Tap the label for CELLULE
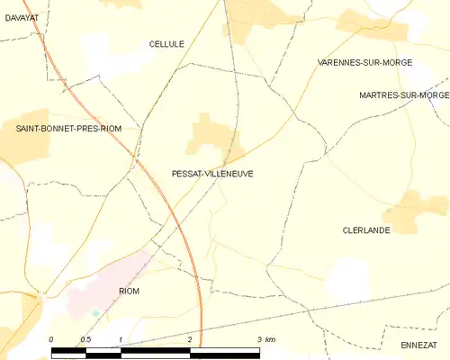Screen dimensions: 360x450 click(166, 43)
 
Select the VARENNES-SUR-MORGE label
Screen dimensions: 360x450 click(357, 63)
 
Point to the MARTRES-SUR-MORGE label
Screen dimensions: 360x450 click(403, 94)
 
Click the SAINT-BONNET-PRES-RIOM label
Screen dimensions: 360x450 click(68, 129)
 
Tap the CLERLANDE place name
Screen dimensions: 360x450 click(364, 230)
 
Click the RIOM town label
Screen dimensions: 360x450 click(130, 292)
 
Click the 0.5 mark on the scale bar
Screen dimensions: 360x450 click(85, 338)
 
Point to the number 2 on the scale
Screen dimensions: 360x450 click(191, 338)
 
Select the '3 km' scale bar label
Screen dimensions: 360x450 click(265, 338)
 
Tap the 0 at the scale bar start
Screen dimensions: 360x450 click(51, 338)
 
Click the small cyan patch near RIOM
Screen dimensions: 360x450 click(95, 312)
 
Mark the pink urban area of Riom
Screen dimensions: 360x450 click(126, 270)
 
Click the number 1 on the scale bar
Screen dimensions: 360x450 click(121, 338)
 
